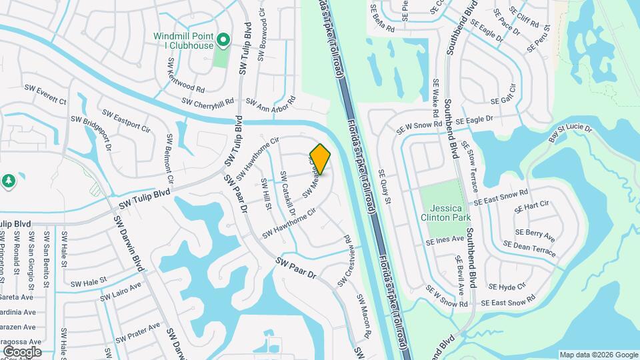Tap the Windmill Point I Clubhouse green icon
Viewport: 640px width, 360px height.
click(225, 41)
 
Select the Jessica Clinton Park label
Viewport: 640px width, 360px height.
click(446, 211)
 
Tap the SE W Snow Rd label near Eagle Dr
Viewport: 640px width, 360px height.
click(419, 125)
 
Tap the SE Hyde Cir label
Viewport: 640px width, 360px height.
click(508, 287)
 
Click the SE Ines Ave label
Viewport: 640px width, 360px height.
click(445, 239)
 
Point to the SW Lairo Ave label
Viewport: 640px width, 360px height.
click(121, 291)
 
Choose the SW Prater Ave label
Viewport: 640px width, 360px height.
click(138, 331)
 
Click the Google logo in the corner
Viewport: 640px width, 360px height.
click(21, 351)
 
